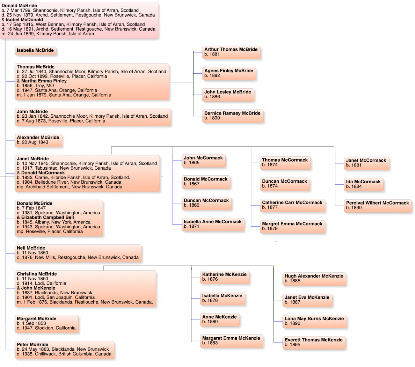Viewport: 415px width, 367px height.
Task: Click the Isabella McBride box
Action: point(35,51)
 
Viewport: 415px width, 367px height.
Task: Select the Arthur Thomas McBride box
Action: point(231,52)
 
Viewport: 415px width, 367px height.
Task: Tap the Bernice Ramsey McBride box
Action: point(232,116)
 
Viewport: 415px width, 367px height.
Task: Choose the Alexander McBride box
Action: point(38,140)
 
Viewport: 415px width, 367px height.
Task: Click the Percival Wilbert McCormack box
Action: point(377,206)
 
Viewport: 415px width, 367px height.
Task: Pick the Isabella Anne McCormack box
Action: point(213,224)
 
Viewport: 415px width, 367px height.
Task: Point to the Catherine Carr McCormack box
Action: point(292,205)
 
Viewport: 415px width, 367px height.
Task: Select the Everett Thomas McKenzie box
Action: point(314,343)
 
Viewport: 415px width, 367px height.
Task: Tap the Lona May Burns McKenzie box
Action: point(314,321)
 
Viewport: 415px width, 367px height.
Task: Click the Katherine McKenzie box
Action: point(224,277)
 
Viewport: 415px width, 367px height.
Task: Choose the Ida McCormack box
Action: point(364,184)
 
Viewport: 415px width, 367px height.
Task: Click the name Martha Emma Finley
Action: point(44,81)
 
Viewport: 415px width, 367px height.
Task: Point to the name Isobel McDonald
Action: point(24,20)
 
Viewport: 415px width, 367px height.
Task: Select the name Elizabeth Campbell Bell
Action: point(47,217)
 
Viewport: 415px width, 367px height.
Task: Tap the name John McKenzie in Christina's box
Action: point(38,288)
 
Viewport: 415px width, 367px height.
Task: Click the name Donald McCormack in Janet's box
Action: point(43,173)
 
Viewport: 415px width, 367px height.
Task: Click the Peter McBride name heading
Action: point(33,344)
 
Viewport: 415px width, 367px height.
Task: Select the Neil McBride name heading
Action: point(31,248)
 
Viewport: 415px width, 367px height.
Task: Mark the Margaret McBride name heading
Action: point(36,319)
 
